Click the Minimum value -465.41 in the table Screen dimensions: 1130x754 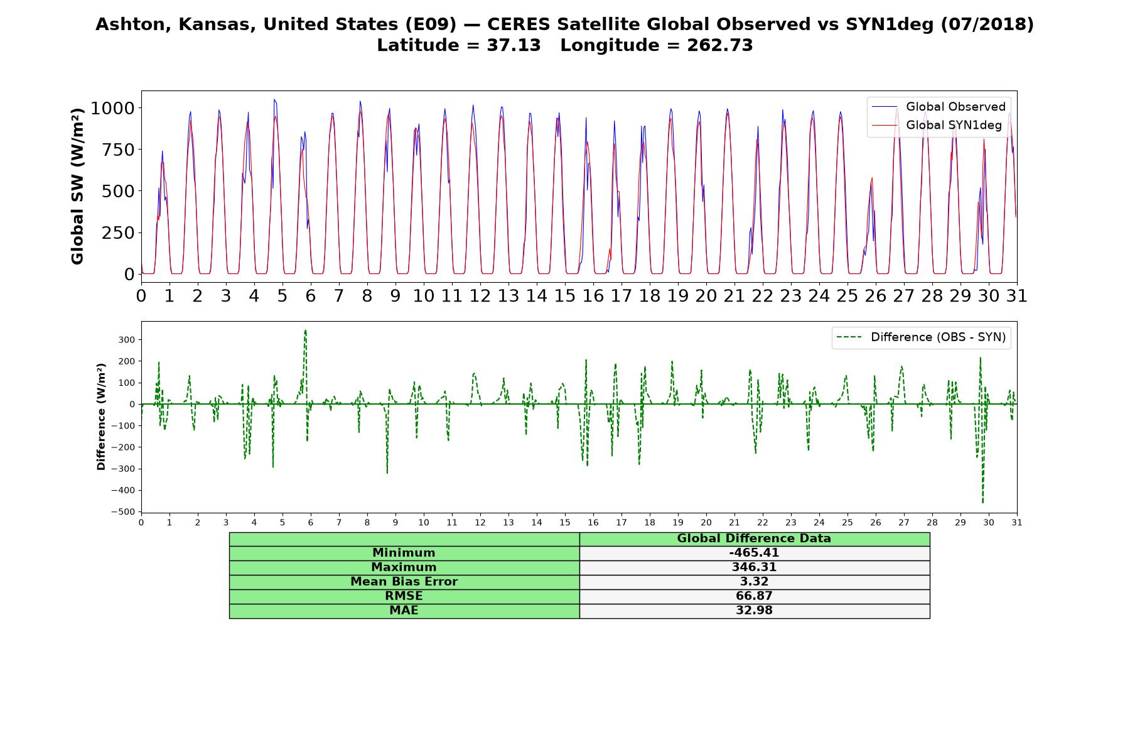(x=754, y=553)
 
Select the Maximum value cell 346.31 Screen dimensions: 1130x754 (x=754, y=567)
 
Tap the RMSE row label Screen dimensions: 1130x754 (x=404, y=596)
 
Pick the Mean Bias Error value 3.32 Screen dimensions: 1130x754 (x=754, y=582)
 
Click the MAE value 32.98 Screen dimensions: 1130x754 (x=754, y=611)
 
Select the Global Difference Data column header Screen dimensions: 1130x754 (x=754, y=538)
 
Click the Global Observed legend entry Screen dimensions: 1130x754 (x=939, y=107)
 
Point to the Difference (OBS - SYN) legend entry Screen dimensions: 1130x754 (x=921, y=337)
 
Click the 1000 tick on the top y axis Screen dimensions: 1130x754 (x=112, y=108)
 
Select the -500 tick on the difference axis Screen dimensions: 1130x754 (x=123, y=512)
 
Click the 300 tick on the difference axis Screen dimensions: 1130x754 (x=128, y=340)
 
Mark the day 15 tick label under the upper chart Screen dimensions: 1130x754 (x=565, y=296)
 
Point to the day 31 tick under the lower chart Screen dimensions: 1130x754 (x=1017, y=523)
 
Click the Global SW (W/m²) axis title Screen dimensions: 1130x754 (x=77, y=187)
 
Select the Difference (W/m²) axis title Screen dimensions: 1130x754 (x=101, y=417)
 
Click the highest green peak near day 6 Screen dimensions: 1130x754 (x=305, y=330)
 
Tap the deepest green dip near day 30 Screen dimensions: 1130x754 (x=982, y=503)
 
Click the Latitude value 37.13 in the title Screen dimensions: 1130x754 (x=514, y=45)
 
